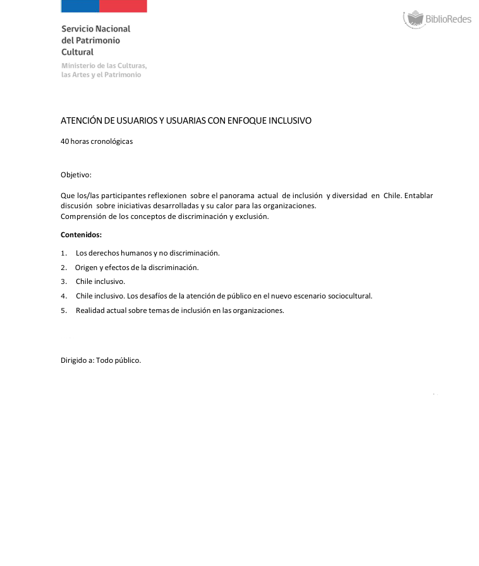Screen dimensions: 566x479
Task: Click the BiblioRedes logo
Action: [437, 19]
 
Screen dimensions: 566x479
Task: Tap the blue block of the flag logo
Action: [80, 6]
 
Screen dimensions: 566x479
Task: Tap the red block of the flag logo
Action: [123, 6]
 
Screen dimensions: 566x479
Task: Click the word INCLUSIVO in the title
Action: [290, 120]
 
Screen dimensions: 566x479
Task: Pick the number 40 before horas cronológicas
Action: [64, 141]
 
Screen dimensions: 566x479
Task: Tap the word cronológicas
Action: [111, 141]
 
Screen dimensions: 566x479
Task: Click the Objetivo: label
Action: [76, 174]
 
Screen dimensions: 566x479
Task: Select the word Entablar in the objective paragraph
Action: [418, 196]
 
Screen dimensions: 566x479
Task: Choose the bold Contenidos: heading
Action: [81, 235]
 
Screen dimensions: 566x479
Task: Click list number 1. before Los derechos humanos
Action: [64, 253]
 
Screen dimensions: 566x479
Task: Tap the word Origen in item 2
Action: [86, 268]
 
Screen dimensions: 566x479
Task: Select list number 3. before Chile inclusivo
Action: [64, 281]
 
